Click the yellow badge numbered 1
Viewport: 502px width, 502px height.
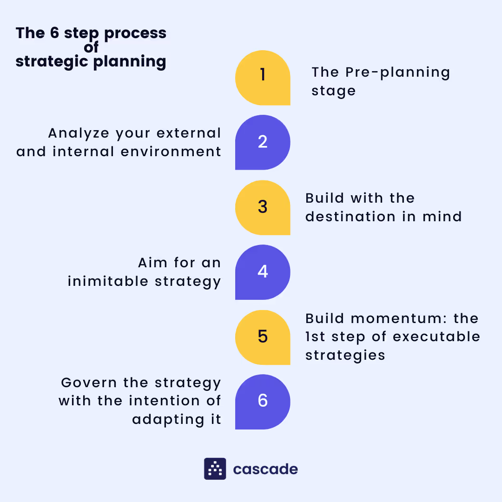point(263,78)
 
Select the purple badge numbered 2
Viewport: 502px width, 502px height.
point(263,142)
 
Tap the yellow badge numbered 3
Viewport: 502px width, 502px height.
point(263,207)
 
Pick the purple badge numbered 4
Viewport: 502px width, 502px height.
point(263,272)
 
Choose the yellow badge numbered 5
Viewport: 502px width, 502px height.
point(263,337)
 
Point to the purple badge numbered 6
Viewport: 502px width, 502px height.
point(263,402)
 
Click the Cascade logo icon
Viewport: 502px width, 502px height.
point(215,469)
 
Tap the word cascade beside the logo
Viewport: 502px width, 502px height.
point(265,469)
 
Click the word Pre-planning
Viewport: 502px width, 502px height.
point(398,73)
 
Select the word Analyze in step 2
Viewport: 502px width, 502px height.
point(79,133)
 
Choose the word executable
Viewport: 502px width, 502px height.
point(436,337)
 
